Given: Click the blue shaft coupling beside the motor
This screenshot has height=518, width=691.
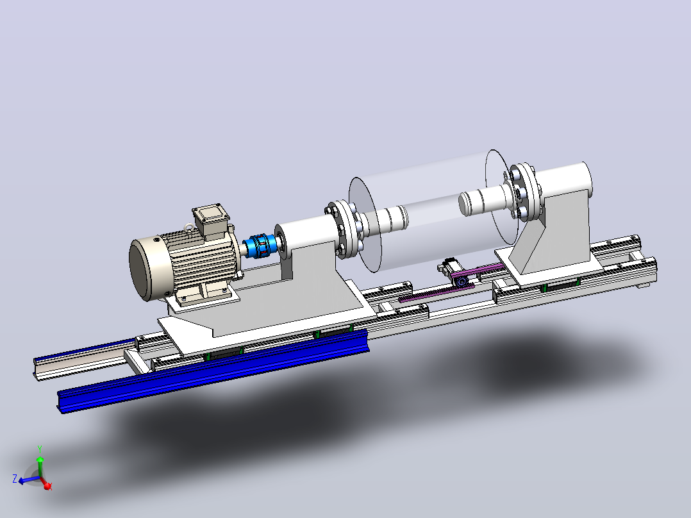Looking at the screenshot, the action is click(257, 246).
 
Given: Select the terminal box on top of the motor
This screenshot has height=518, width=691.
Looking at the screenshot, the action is click(212, 219).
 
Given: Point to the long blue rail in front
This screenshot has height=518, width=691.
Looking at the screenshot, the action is click(213, 371).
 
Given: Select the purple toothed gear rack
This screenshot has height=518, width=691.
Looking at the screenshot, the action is click(449, 283).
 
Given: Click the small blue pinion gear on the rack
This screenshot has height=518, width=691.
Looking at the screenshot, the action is click(461, 281).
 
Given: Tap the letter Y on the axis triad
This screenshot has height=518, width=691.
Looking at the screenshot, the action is click(40, 449).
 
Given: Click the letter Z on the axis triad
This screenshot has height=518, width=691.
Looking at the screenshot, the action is click(15, 479).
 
